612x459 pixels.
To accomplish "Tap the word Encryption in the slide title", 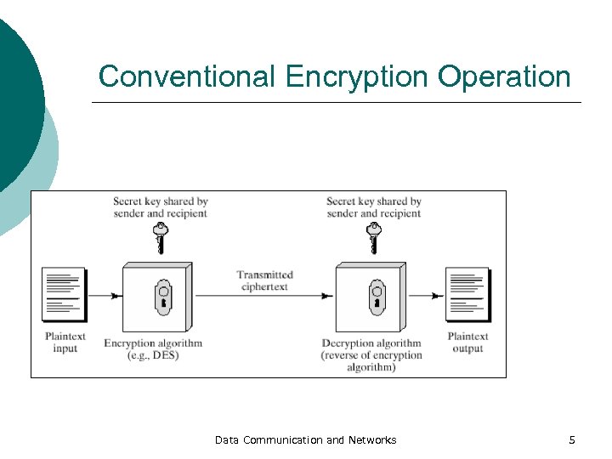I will [357, 76].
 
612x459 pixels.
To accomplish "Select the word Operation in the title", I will [504, 76].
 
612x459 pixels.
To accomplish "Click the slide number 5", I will [572, 439].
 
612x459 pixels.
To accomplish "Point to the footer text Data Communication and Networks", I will [305, 439].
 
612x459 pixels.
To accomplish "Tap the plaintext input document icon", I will [65, 294].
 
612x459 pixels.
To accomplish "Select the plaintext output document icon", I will [467, 294].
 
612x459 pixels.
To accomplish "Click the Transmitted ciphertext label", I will [264, 280].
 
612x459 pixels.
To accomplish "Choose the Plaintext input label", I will [65, 343].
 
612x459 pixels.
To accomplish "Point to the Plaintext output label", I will [467, 343].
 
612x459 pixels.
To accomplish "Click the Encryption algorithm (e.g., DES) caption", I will [153, 349].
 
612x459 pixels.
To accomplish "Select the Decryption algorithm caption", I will [371, 355].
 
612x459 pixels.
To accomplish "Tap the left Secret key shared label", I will [160, 207].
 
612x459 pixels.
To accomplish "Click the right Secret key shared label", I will [373, 207].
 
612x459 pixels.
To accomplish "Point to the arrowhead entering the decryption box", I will [328, 296].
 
